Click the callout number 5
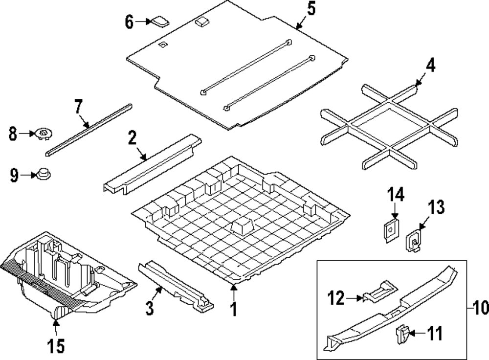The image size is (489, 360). [311, 8]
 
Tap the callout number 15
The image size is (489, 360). [56, 346]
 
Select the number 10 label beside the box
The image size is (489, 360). [481, 308]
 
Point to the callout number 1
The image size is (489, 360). [234, 309]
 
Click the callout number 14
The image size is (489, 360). [396, 195]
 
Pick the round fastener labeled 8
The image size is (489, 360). [44, 133]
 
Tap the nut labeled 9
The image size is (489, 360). [44, 174]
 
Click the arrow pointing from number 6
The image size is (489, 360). [142, 21]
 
